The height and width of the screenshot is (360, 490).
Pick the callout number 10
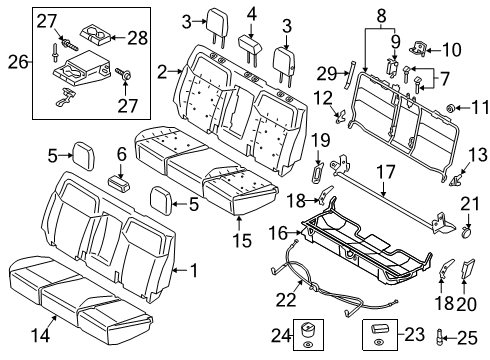(x=451, y=47)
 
